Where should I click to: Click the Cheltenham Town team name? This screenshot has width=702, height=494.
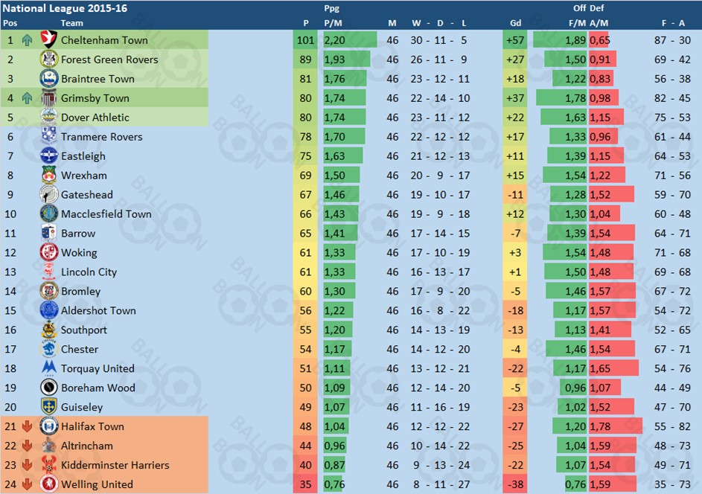tap(104, 40)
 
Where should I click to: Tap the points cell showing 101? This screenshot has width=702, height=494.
tap(305, 40)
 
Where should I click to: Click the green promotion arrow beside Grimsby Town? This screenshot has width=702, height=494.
tap(28, 98)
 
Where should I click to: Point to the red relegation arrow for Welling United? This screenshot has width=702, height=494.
tap(28, 484)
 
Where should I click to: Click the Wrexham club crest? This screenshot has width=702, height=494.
tap(49, 176)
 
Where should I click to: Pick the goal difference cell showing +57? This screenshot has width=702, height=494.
tap(515, 40)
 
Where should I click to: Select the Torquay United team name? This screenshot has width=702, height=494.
tap(98, 369)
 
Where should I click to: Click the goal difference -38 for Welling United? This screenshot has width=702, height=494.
tap(515, 484)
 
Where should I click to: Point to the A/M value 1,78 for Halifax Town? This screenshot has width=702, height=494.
tap(600, 426)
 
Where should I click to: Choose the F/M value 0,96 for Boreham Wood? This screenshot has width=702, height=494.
tap(575, 388)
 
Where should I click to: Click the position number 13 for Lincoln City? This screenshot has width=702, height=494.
tap(11, 272)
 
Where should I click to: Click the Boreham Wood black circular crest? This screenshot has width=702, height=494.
tap(49, 388)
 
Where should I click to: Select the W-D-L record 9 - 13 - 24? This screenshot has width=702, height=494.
tap(439, 465)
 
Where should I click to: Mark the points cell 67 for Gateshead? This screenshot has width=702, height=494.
tap(305, 195)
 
